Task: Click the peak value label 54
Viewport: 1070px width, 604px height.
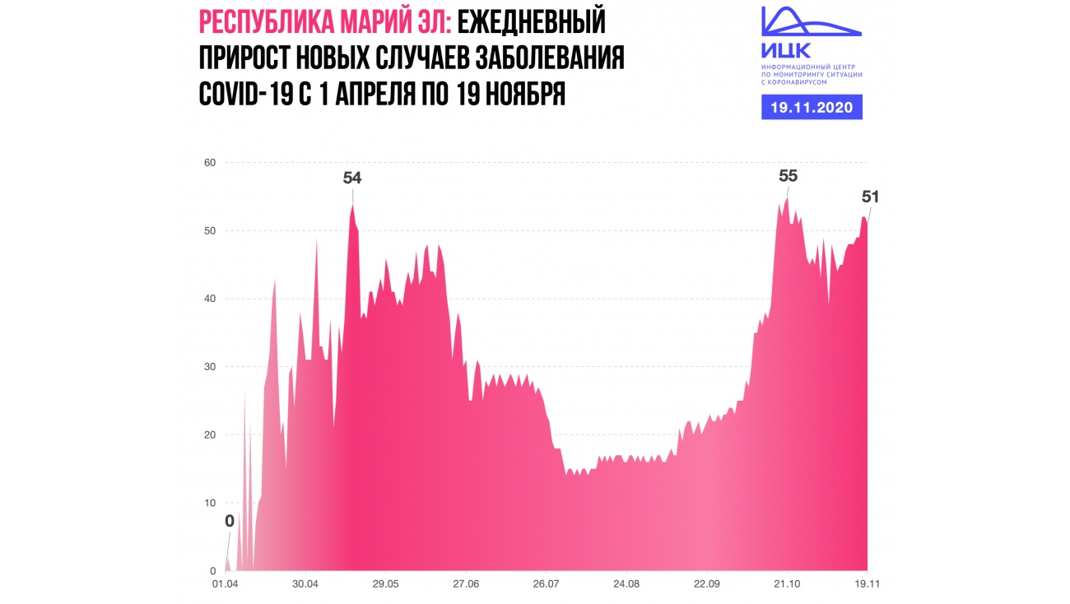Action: tap(352, 177)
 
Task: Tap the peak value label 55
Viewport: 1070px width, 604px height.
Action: tap(788, 175)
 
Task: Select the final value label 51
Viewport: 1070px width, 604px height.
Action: tap(870, 197)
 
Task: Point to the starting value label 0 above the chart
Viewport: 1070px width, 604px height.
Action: tap(230, 520)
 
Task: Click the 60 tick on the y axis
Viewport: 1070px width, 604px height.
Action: tap(210, 162)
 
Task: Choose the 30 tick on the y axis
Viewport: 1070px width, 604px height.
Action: tap(210, 366)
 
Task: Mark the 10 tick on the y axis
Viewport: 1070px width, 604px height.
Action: tap(210, 503)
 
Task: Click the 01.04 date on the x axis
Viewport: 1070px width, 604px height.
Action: tap(225, 584)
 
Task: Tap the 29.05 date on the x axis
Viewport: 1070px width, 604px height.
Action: tap(385, 584)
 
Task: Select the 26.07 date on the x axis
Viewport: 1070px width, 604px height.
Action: tap(547, 584)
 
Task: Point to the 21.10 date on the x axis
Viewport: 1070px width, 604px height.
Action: tap(787, 584)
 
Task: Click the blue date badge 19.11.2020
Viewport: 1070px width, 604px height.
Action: tap(812, 107)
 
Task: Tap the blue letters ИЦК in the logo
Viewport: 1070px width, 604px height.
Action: tap(786, 49)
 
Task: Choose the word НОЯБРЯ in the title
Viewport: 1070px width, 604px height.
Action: tap(523, 93)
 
